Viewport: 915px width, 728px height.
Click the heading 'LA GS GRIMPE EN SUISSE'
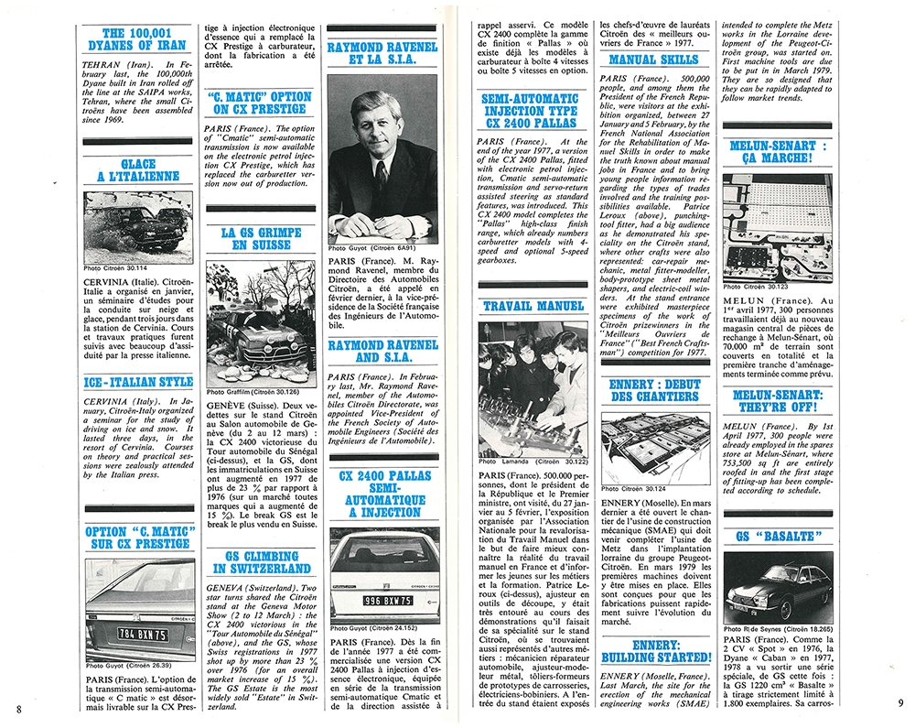(x=261, y=238)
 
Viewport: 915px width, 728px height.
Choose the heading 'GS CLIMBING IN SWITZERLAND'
(x=261, y=562)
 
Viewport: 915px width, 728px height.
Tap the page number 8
(x=18, y=708)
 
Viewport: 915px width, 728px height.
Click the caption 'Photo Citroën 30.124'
(x=632, y=488)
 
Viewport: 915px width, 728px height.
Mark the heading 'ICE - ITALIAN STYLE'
(x=138, y=382)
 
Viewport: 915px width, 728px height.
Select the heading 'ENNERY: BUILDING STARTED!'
(x=655, y=650)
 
